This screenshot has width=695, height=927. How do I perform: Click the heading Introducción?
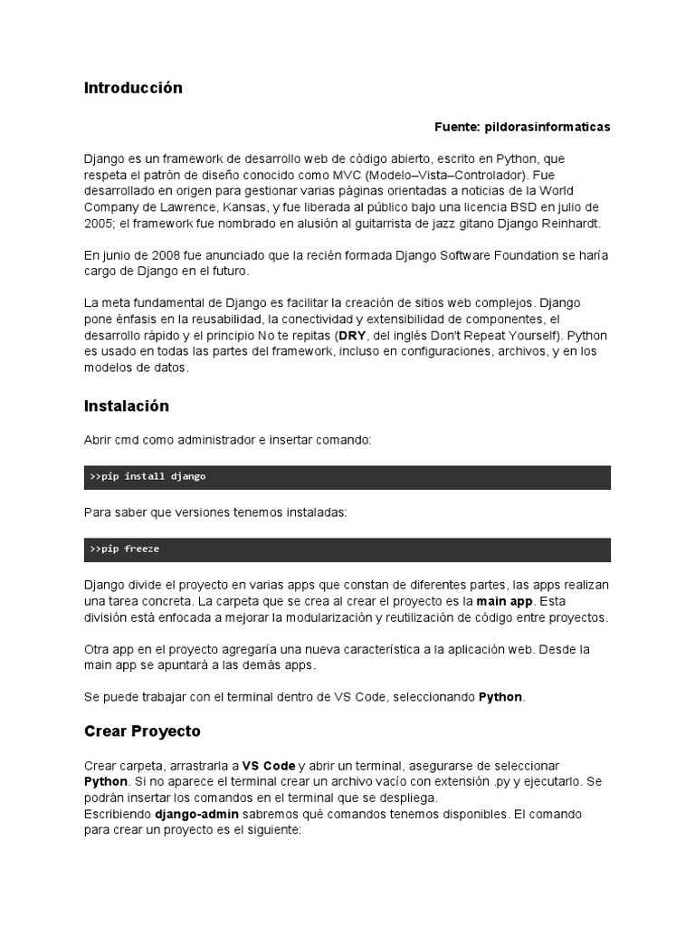[133, 88]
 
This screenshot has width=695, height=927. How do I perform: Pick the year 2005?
[100, 224]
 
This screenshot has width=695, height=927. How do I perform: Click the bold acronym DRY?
[352, 336]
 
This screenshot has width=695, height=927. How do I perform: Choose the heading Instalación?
[127, 406]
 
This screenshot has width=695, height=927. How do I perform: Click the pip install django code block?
[347, 477]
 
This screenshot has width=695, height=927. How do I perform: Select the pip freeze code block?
[347, 550]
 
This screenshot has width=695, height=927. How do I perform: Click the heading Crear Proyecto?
[142, 731]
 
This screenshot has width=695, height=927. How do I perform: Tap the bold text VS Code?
[269, 766]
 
